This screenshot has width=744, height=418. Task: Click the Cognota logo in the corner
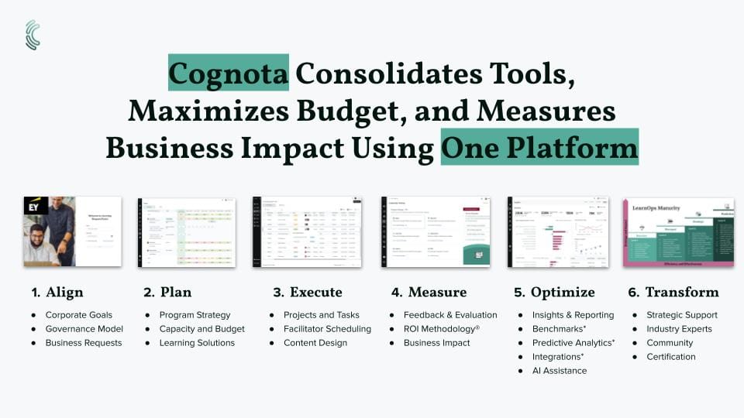pos(33,35)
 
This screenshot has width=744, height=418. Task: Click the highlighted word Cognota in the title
pos(229,74)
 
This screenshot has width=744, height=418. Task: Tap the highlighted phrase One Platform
pos(539,146)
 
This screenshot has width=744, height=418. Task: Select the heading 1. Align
pos(57,292)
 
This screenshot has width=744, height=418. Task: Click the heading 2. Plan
pos(167,292)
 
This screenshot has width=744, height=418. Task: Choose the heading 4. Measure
pos(429,292)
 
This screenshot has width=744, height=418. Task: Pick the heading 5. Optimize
pos(554,292)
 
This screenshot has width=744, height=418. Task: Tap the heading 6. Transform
pos(672,292)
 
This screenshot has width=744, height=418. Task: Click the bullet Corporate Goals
pos(78,315)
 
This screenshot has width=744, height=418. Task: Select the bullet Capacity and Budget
pos(201,329)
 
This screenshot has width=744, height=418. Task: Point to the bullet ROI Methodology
pos(442,329)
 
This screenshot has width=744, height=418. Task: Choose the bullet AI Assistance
pos(559,371)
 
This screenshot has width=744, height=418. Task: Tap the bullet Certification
pos(671,357)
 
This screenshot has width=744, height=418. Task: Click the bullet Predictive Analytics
pos(573,343)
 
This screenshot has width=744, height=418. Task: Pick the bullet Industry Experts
pos(680,329)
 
